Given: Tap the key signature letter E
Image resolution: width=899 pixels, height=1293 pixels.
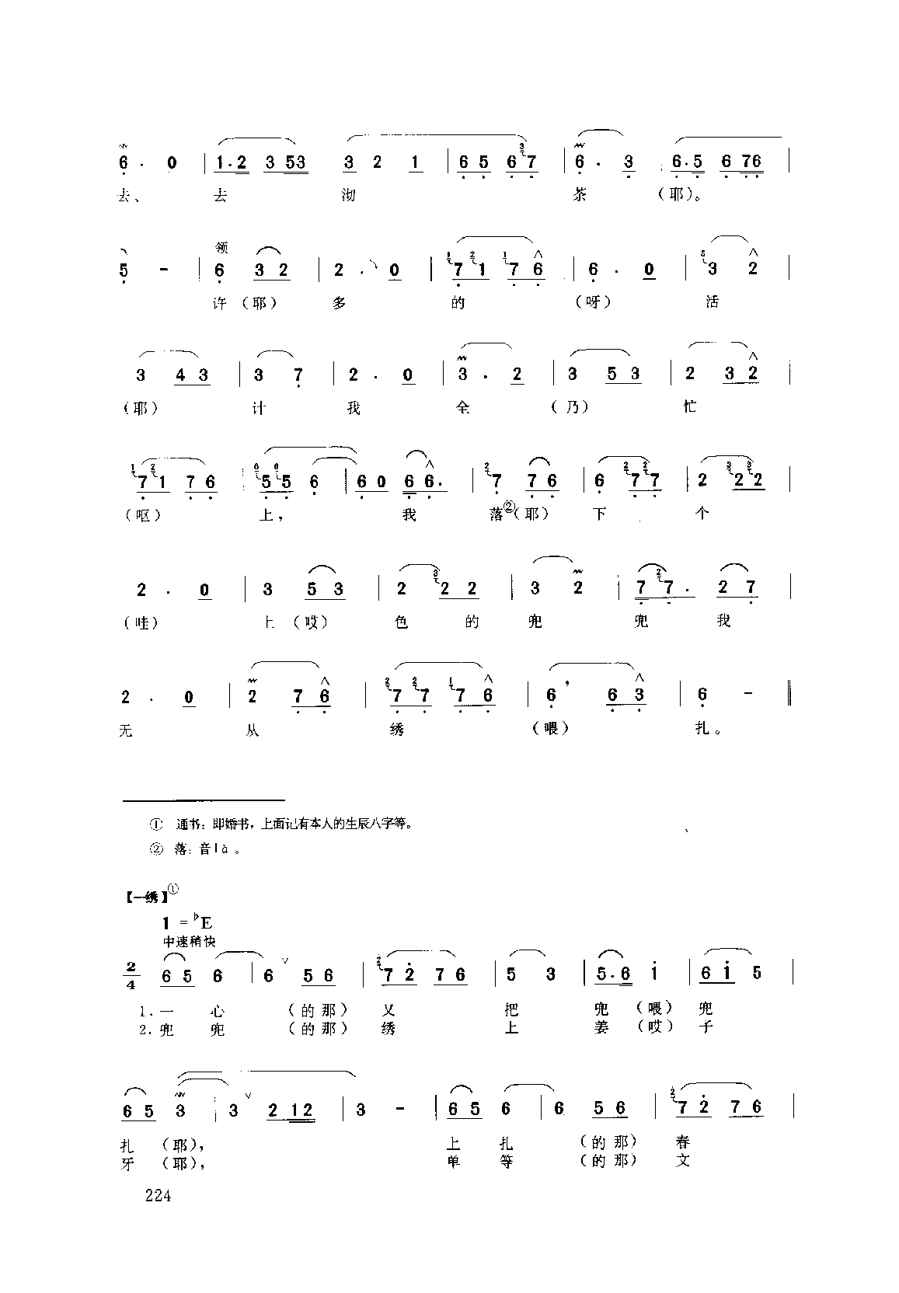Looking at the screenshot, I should (207, 923).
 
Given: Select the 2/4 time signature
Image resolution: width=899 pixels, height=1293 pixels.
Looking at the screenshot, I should (129, 975).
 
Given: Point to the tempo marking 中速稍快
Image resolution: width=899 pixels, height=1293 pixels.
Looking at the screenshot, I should (189, 941).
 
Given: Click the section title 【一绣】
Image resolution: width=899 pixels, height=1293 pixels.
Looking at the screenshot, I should (145, 897).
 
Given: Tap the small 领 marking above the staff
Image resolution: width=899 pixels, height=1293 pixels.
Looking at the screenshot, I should (221, 248).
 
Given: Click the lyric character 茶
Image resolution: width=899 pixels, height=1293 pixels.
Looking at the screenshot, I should (579, 194).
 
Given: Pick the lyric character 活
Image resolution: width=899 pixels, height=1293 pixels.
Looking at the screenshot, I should (712, 301).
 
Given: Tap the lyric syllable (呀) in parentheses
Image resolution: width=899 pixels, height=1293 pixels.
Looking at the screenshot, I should (594, 302).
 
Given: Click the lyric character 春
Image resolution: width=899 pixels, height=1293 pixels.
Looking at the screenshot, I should (683, 1142).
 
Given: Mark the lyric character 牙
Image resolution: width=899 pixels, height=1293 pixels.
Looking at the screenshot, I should (128, 1162).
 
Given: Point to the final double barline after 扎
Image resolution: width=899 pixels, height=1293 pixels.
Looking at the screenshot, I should (790, 692).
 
